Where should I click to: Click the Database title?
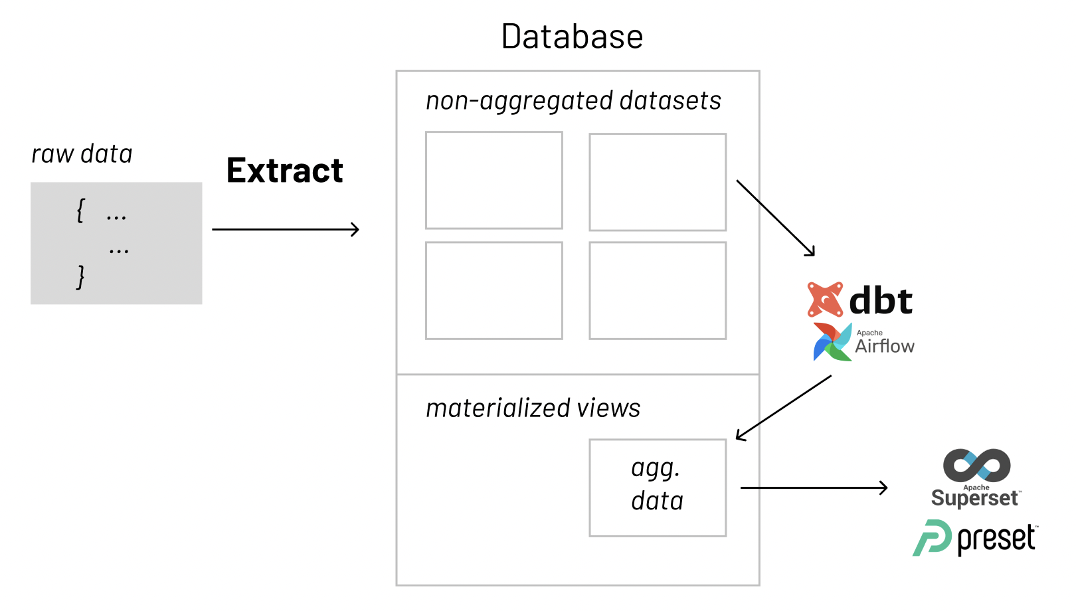click(x=572, y=37)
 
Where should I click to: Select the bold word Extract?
click(x=284, y=171)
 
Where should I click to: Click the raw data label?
click(x=82, y=154)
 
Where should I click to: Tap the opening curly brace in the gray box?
click(x=80, y=211)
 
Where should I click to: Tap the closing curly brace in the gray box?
click(x=80, y=276)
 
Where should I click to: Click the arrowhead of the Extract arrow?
click(x=355, y=230)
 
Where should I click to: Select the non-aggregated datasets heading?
click(x=573, y=101)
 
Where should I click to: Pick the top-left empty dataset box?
click(x=494, y=180)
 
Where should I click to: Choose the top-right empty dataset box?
click(x=658, y=182)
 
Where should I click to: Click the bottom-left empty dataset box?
click(x=494, y=290)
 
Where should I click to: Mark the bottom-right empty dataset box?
click(x=658, y=290)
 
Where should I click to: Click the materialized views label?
click(x=533, y=408)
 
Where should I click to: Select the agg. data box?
click(x=658, y=487)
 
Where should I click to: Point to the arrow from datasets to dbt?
click(x=775, y=217)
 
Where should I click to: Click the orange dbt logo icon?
click(x=825, y=300)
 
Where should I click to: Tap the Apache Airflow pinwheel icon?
click(x=832, y=342)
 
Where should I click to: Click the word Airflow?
click(x=885, y=346)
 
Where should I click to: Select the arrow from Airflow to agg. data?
click(x=784, y=407)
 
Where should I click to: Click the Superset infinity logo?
click(x=976, y=465)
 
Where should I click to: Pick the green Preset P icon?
click(x=933, y=538)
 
